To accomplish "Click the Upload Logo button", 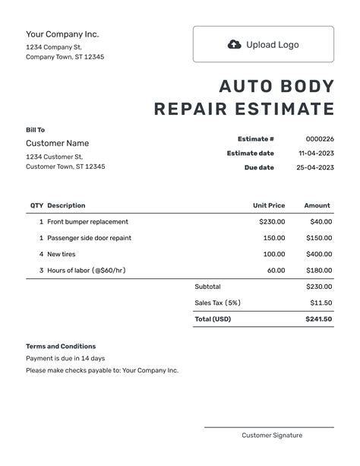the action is pyautogui.click(x=263, y=44).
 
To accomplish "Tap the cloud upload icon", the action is pyautogui.click(x=234, y=44).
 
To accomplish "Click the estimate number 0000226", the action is pyautogui.click(x=319, y=139).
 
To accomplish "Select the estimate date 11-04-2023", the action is pyautogui.click(x=314, y=154).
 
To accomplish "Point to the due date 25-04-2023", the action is pyautogui.click(x=314, y=167).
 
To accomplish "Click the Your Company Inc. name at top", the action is pyautogui.click(x=62, y=34).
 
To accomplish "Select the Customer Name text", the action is pyautogui.click(x=57, y=143).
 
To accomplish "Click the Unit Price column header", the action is pyautogui.click(x=269, y=205).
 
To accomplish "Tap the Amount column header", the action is pyautogui.click(x=317, y=205).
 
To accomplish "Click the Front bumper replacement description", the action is pyautogui.click(x=87, y=222).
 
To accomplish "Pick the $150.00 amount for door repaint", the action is pyautogui.click(x=319, y=238).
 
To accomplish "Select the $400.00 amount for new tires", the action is pyautogui.click(x=319, y=254).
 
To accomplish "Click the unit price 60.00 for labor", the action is pyautogui.click(x=276, y=270).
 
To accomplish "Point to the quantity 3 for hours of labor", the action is pyautogui.click(x=41, y=270).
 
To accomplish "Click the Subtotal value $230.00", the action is pyautogui.click(x=318, y=287).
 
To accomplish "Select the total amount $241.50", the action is pyautogui.click(x=318, y=319).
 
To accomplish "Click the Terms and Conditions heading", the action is pyautogui.click(x=61, y=346).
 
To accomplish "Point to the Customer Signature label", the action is pyautogui.click(x=272, y=436).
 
